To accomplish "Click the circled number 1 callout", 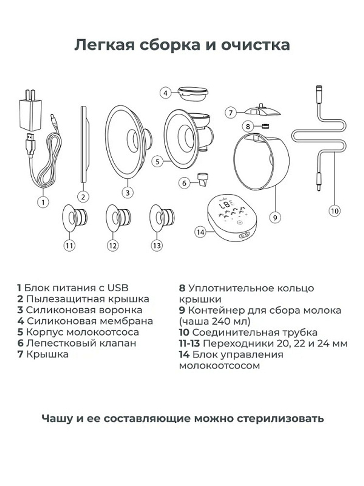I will [x=43, y=202].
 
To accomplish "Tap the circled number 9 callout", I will [x=275, y=218].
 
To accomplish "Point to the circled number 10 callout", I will [x=334, y=210].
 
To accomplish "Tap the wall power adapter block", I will [x=30, y=114].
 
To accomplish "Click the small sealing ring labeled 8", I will [x=264, y=127].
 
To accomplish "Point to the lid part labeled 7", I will [x=262, y=110].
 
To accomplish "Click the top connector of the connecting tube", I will [x=318, y=90].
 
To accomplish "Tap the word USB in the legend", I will [x=118, y=288].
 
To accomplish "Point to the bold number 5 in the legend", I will [x=20, y=332].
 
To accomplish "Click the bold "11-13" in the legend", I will [x=189, y=343].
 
